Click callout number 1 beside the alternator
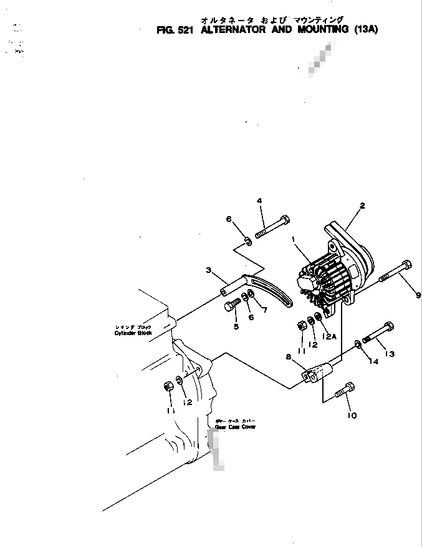coord(292,239)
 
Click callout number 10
coord(352,416)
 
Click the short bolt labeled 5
coord(231,305)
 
